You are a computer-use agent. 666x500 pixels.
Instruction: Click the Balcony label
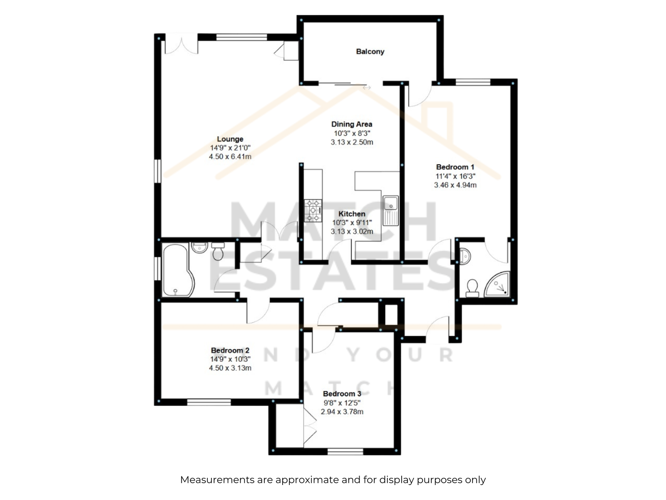[x=370, y=52]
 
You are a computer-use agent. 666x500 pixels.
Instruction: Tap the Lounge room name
[x=230, y=139]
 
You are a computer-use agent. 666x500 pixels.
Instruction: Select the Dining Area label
[x=352, y=124]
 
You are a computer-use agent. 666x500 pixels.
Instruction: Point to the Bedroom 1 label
[x=455, y=167]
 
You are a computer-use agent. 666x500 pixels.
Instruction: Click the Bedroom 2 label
[x=230, y=350]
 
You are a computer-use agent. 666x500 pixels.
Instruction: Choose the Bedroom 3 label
[x=342, y=394]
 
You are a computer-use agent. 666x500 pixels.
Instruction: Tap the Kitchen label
[x=352, y=214]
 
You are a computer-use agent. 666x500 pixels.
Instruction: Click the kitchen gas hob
[x=313, y=210]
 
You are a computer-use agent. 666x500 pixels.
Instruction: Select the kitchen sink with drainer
[x=390, y=211]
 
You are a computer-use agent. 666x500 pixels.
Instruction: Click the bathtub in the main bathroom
[x=178, y=270]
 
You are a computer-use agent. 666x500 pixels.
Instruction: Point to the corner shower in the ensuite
[x=497, y=284]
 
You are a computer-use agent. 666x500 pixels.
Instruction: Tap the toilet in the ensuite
[x=472, y=288]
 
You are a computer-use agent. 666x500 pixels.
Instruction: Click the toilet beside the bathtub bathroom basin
[x=218, y=251]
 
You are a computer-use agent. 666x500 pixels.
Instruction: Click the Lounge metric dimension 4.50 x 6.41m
[x=230, y=157]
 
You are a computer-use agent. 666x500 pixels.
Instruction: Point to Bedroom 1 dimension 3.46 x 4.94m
[x=455, y=185]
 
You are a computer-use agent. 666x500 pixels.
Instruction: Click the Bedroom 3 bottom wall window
[x=345, y=451]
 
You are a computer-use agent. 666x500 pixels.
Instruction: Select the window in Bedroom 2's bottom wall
[x=209, y=402]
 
